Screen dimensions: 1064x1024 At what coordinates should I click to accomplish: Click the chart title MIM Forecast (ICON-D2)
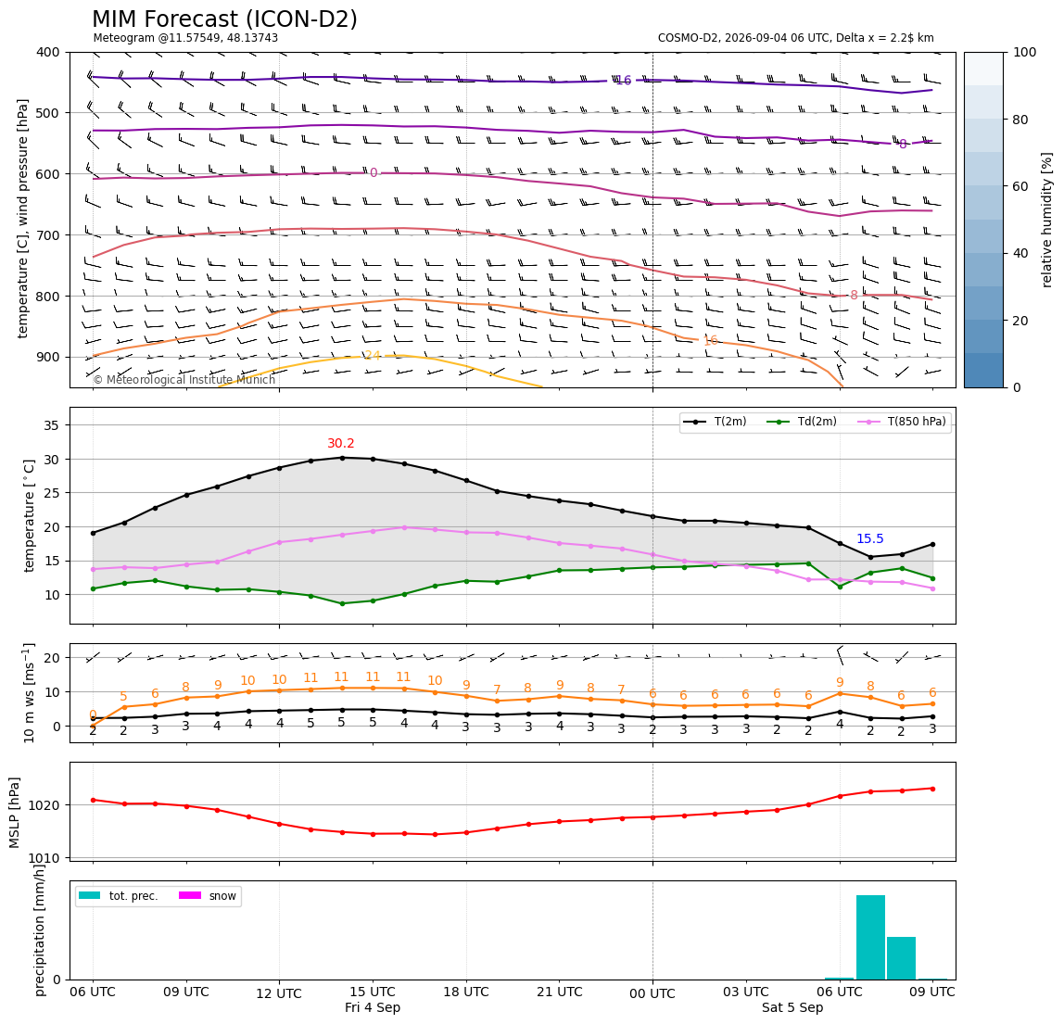224,19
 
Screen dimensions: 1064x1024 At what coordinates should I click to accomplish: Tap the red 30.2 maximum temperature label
341,443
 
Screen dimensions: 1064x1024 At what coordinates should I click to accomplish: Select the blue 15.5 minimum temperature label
870,538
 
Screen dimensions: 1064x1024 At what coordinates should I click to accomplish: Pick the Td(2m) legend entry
802,422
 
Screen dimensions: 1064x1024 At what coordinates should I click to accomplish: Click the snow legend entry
208,896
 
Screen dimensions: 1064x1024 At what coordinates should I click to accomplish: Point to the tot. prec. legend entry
119,896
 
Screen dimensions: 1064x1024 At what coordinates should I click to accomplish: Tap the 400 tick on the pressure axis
49,52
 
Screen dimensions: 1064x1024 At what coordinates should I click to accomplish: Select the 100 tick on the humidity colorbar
1025,52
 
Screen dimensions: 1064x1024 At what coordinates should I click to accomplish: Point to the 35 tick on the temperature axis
52,425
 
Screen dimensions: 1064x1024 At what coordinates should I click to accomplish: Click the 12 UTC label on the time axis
279,993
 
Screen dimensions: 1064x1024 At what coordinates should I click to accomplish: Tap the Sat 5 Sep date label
792,1007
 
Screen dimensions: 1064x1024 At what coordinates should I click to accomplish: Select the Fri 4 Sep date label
373,1007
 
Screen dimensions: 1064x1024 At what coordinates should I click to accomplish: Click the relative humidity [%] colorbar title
1047,220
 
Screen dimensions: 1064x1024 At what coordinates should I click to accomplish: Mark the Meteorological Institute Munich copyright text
184,379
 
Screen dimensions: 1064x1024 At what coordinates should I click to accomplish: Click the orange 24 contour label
373,356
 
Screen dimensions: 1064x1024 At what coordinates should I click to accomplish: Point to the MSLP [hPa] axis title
15,813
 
